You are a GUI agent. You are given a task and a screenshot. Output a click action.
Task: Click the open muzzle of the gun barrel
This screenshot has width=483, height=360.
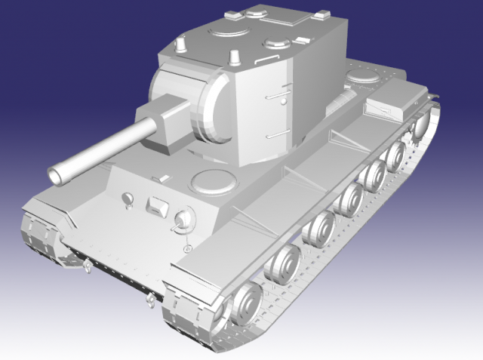coord(57,174)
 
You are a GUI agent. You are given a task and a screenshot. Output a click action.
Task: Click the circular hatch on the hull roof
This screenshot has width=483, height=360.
coord(213,182)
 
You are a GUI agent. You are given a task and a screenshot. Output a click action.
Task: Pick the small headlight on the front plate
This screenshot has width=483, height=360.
coord(127,199)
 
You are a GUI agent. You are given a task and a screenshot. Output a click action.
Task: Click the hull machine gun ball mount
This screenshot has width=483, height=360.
coord(182,220)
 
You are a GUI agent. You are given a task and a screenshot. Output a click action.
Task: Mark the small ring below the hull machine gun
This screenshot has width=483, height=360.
coord(186,248)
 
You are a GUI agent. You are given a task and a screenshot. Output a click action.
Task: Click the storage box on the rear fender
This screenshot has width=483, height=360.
coord(392,98)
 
